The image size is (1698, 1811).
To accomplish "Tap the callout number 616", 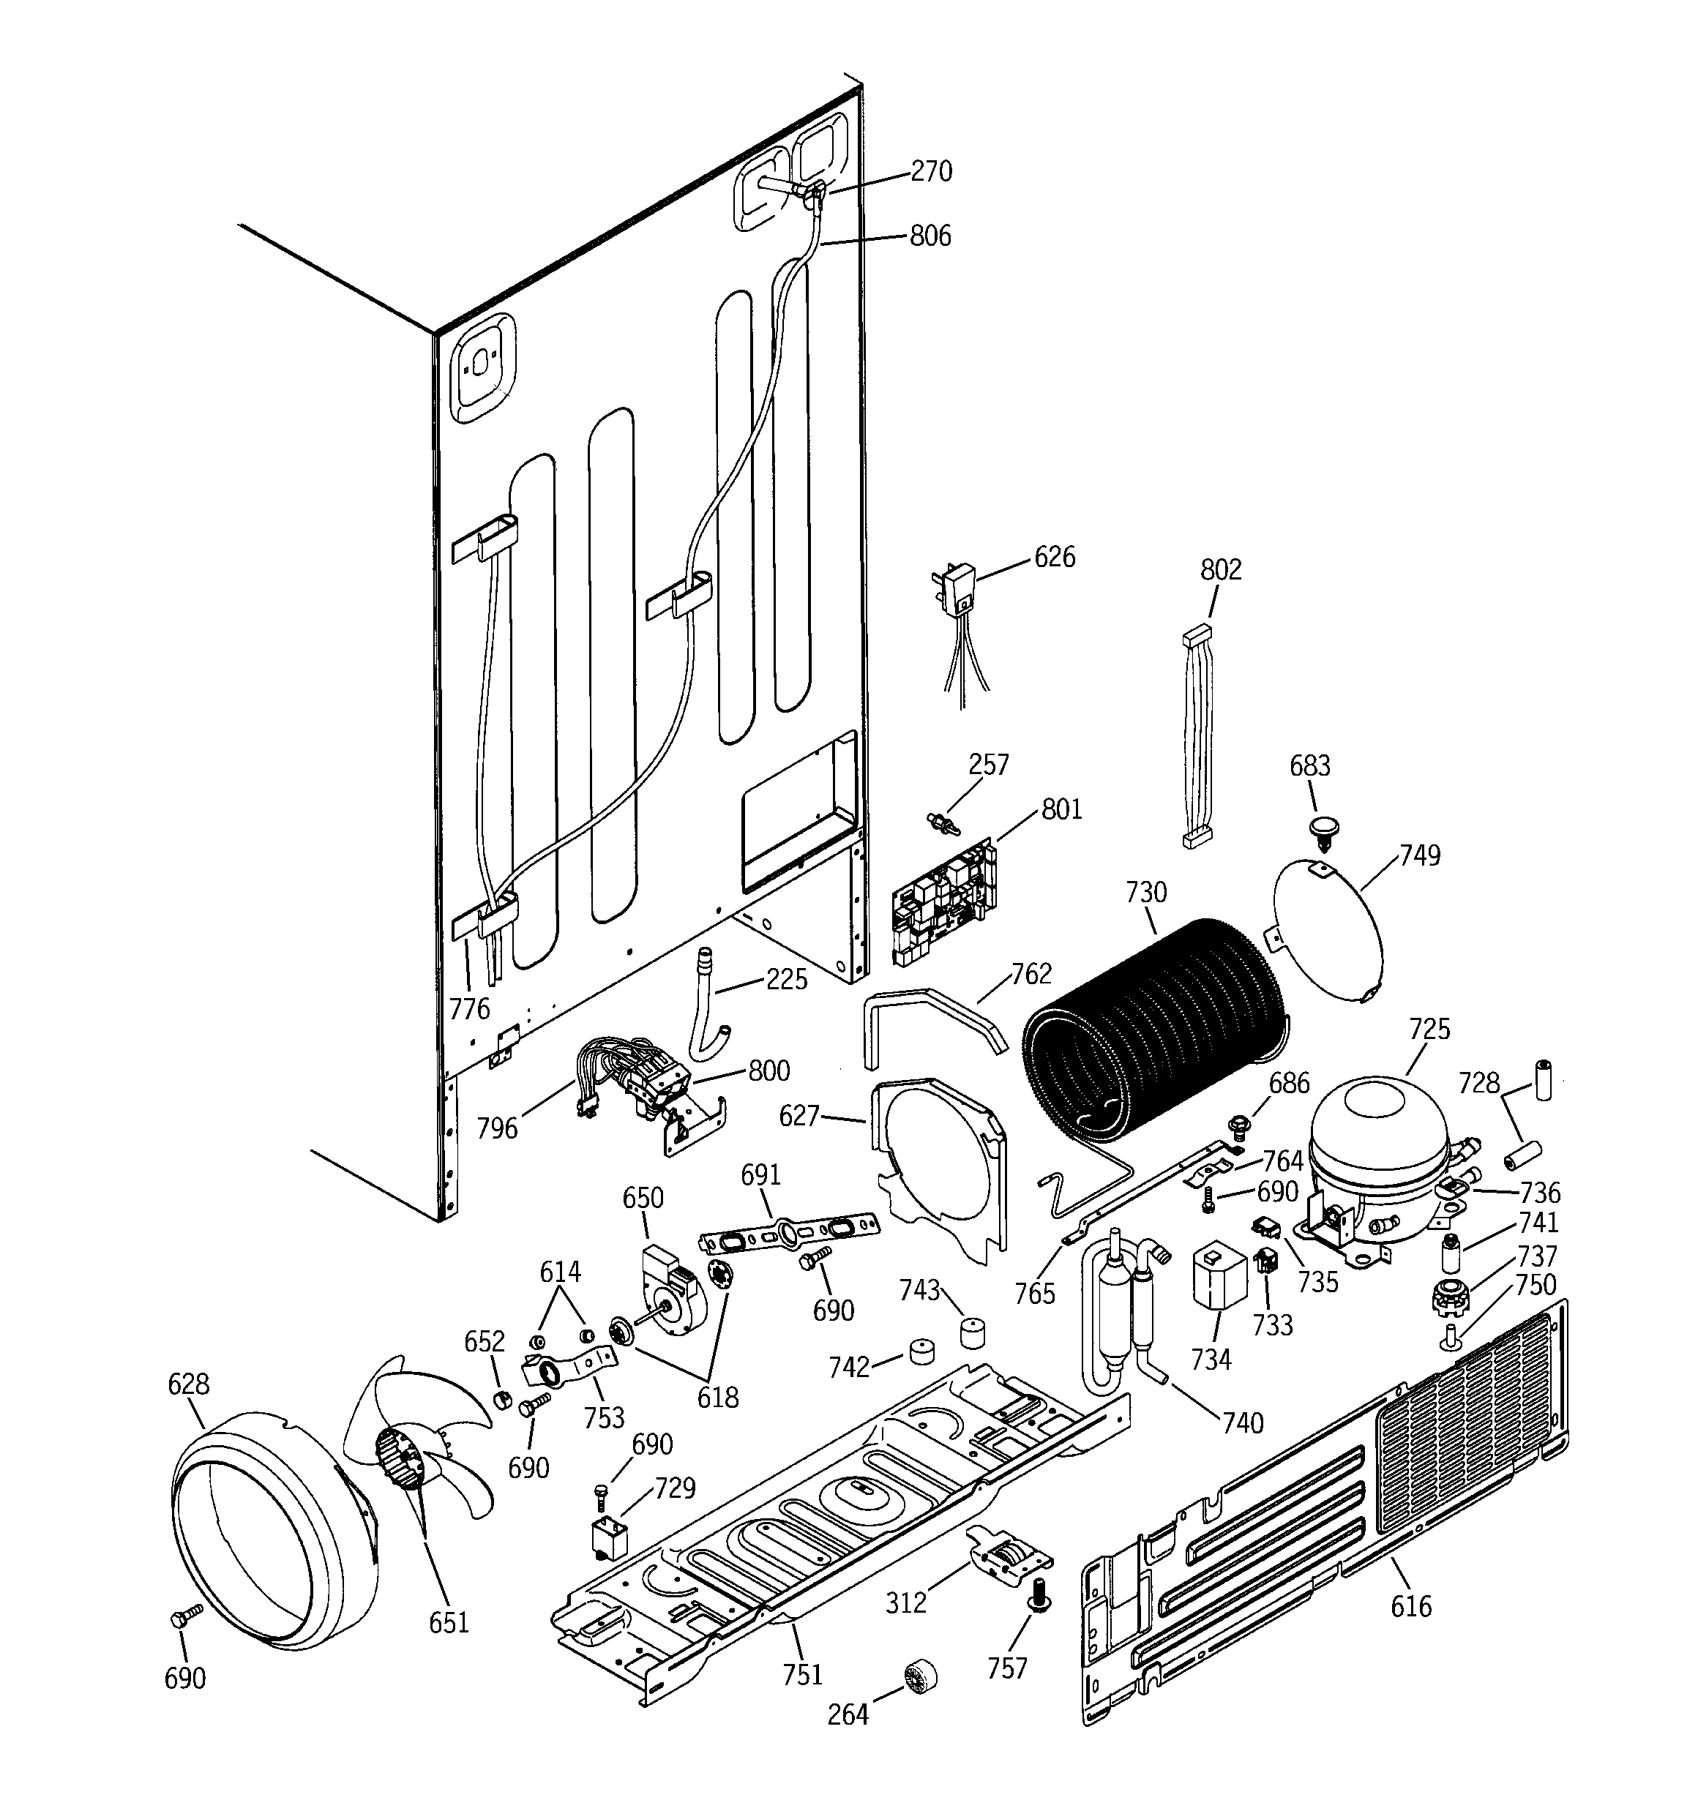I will [1411, 1606].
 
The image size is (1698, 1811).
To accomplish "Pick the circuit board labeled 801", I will [944, 902].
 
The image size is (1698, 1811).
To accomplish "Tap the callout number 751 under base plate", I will [802, 1674].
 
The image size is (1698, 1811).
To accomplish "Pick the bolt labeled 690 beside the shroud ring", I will [179, 1618].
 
